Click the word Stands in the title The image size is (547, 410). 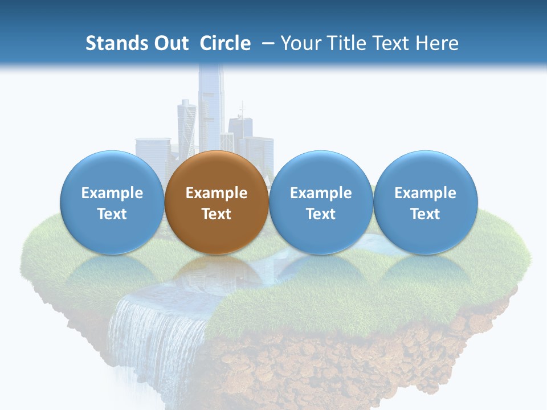tap(112, 43)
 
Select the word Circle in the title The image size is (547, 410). tap(225, 43)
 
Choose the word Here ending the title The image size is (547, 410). tap(437, 43)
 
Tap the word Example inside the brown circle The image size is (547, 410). tap(217, 193)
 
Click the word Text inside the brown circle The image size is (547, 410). tap(217, 214)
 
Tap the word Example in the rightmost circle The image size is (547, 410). tap(425, 193)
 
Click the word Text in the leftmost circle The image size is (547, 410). tap(112, 214)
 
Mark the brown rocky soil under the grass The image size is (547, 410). tap(342, 364)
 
